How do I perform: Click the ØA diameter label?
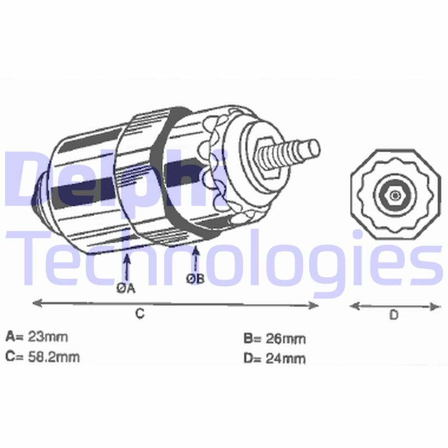tap(125, 288)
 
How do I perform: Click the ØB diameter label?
tap(195, 278)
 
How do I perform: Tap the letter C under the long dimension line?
tap(139, 314)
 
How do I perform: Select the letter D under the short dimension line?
tap(394, 315)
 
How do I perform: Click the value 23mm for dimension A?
tap(48, 337)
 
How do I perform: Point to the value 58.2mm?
tap(54, 357)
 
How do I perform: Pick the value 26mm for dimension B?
tap(286, 339)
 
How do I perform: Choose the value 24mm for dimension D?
tap(286, 358)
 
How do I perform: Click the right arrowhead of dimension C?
tap(314, 306)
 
